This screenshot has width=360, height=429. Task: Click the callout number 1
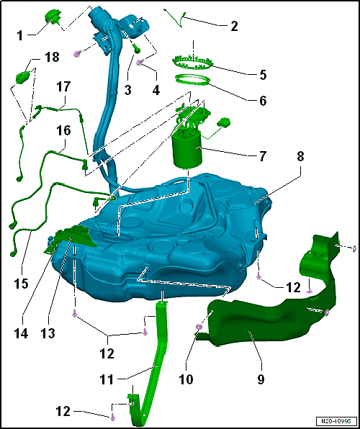20,35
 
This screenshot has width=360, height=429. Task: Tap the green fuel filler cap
52,17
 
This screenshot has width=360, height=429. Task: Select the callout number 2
233,26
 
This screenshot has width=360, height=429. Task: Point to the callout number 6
262,100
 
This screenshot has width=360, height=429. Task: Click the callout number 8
300,158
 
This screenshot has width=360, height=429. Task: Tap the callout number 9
261,379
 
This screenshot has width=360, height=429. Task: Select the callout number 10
186,379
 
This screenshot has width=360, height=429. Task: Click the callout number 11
106,379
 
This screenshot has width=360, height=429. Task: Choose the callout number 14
21,333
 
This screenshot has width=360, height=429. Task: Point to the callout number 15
22,284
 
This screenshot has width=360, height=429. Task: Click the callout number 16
63,130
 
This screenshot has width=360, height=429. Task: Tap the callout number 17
63,88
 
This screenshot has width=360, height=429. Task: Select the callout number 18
52,58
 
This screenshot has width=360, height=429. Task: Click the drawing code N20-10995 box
336,420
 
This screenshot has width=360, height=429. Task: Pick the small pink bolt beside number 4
139,63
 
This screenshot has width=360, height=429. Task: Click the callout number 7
262,156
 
